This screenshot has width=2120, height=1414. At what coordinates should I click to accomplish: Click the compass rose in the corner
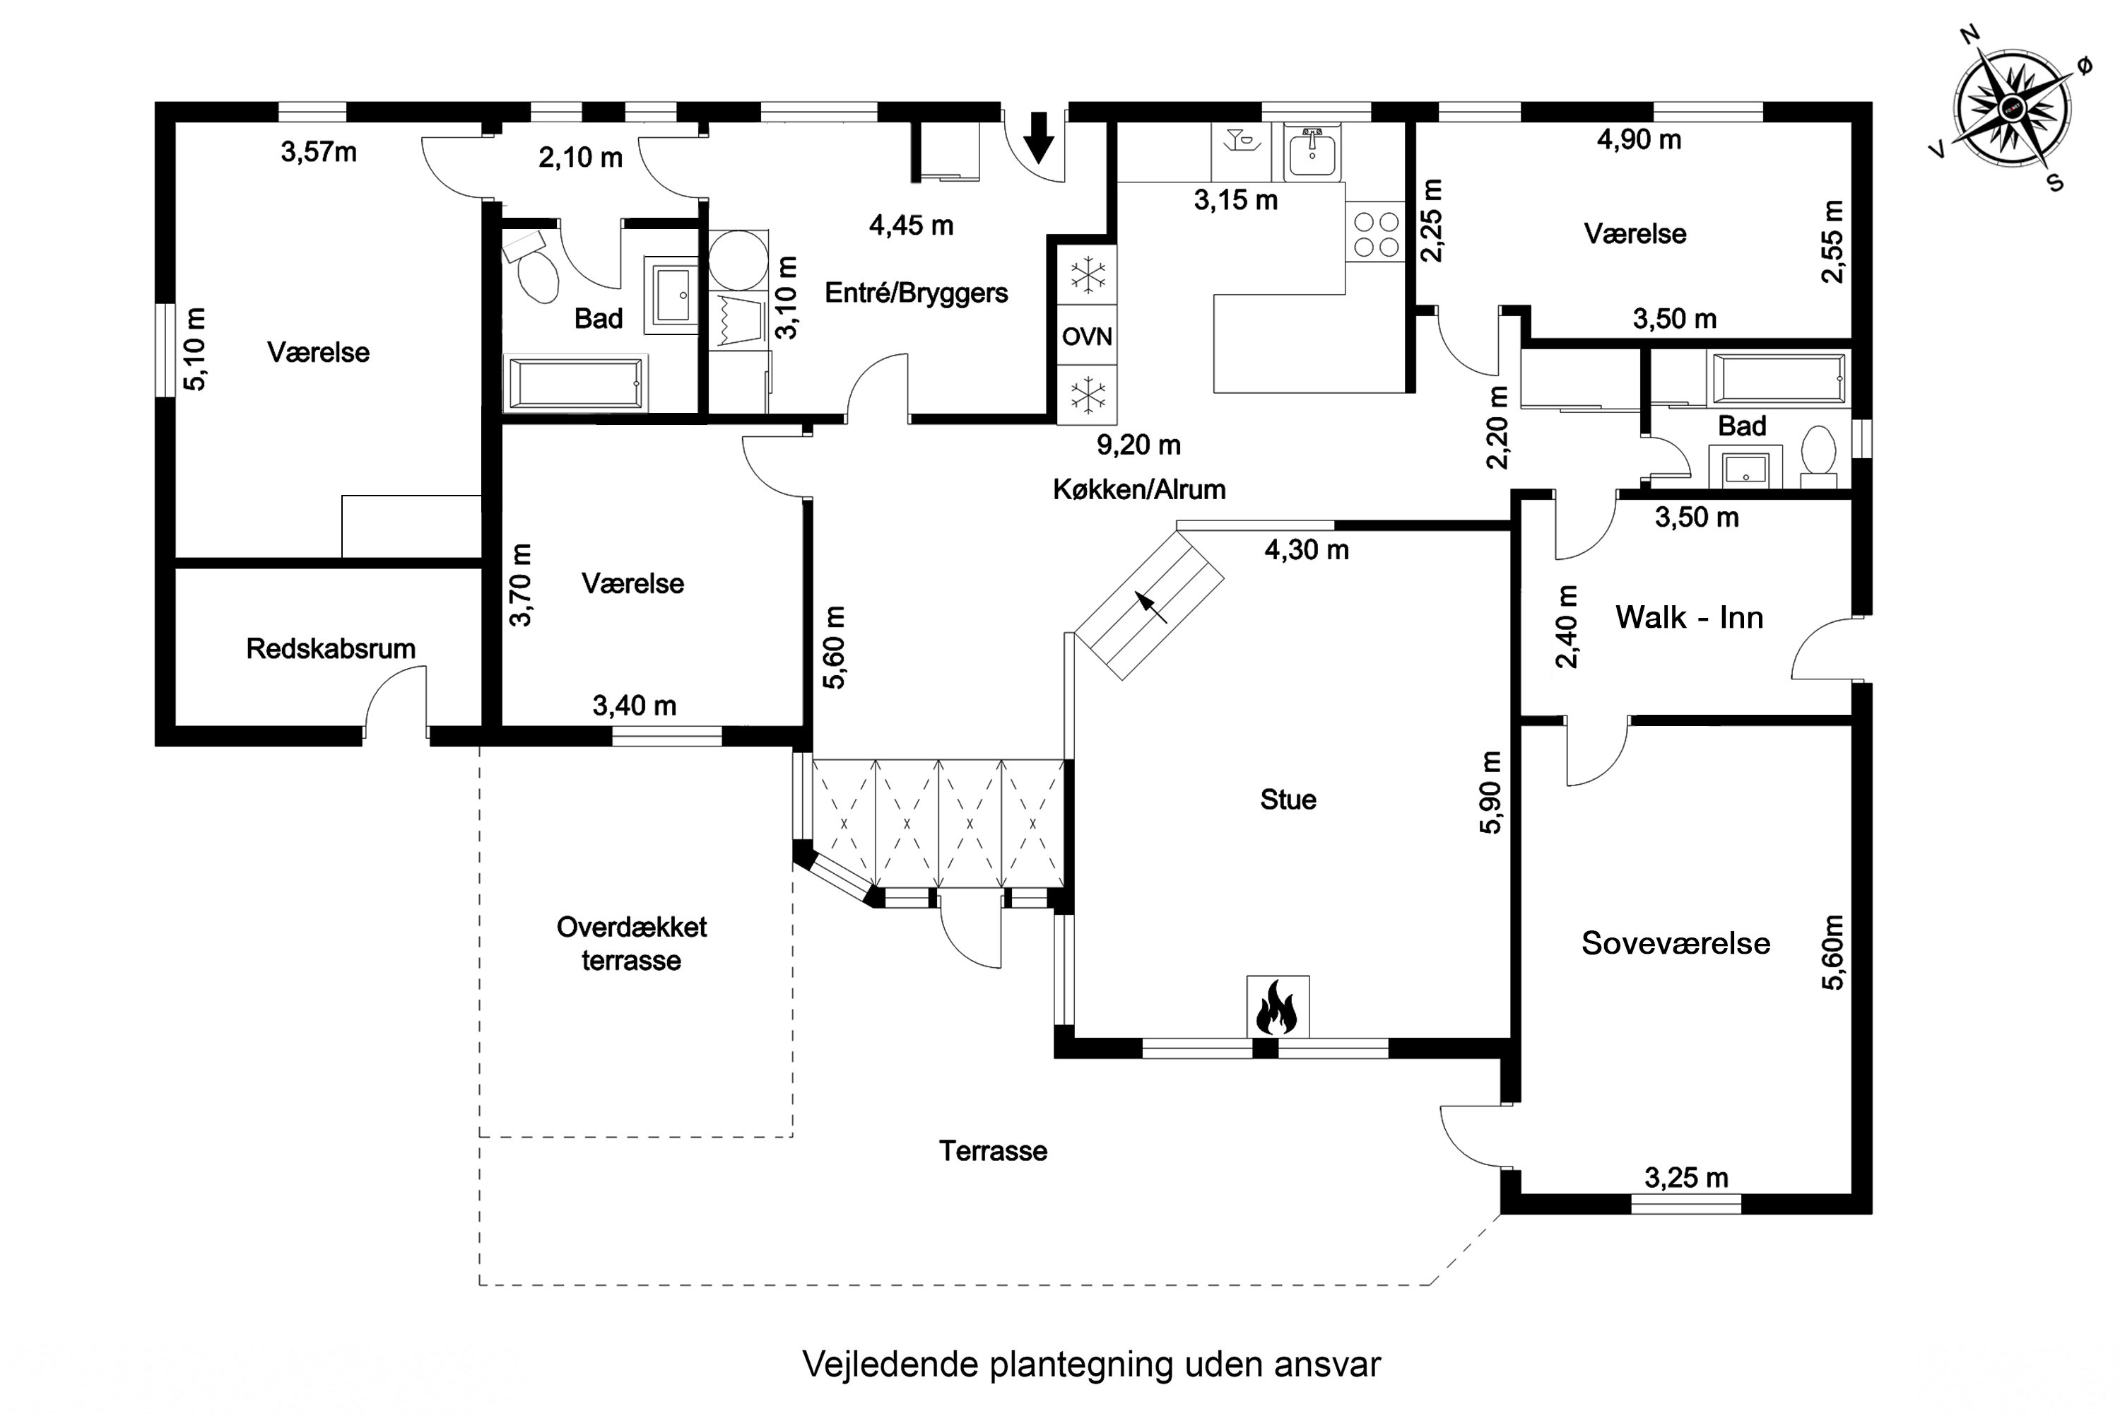[2011, 109]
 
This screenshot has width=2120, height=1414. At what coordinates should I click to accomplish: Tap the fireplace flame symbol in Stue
[1276, 1008]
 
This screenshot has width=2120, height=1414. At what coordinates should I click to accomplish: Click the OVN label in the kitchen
[1087, 337]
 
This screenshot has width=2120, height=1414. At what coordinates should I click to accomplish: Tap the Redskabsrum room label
[331, 648]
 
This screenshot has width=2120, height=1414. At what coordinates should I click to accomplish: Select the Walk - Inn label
[1689, 618]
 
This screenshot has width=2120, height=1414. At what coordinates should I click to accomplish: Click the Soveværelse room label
[1676, 943]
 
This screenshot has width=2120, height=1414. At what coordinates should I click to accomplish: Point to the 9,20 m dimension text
[1138, 445]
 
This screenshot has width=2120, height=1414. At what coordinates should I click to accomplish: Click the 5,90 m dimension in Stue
[1492, 793]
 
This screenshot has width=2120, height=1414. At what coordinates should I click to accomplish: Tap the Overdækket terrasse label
[631, 943]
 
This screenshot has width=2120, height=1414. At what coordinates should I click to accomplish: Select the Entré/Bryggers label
[916, 293]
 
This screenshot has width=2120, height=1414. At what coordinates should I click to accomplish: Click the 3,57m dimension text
[318, 153]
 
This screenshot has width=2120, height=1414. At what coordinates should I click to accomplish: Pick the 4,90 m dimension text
[1639, 140]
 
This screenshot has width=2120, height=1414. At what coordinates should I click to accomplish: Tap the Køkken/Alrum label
[1139, 490]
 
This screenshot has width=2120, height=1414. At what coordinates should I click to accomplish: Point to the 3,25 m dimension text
[1686, 1178]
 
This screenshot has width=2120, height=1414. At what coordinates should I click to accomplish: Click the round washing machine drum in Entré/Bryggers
[738, 259]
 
